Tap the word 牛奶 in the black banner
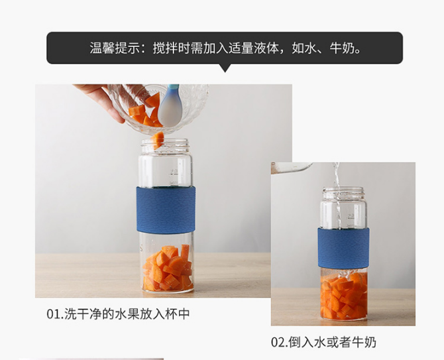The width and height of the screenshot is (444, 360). pos(342,48)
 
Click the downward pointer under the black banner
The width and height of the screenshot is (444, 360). pos(225,68)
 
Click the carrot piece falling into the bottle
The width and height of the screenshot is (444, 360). pos(157,140)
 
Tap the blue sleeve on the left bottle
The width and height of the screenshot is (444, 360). pos(166,210)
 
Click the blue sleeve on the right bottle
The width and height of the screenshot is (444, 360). pos(343,249)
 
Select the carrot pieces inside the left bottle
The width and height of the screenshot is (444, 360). pos(168,268)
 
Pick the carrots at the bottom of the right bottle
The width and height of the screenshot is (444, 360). pos(344,296)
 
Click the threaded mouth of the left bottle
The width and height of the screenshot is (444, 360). pos(165,146)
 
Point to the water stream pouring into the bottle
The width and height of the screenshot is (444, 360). pos(337,196)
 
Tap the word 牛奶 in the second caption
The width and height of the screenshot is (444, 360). pos(364,342)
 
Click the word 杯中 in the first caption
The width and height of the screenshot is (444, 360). pos(177,314)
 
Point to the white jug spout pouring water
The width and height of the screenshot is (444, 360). pos(292,167)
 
